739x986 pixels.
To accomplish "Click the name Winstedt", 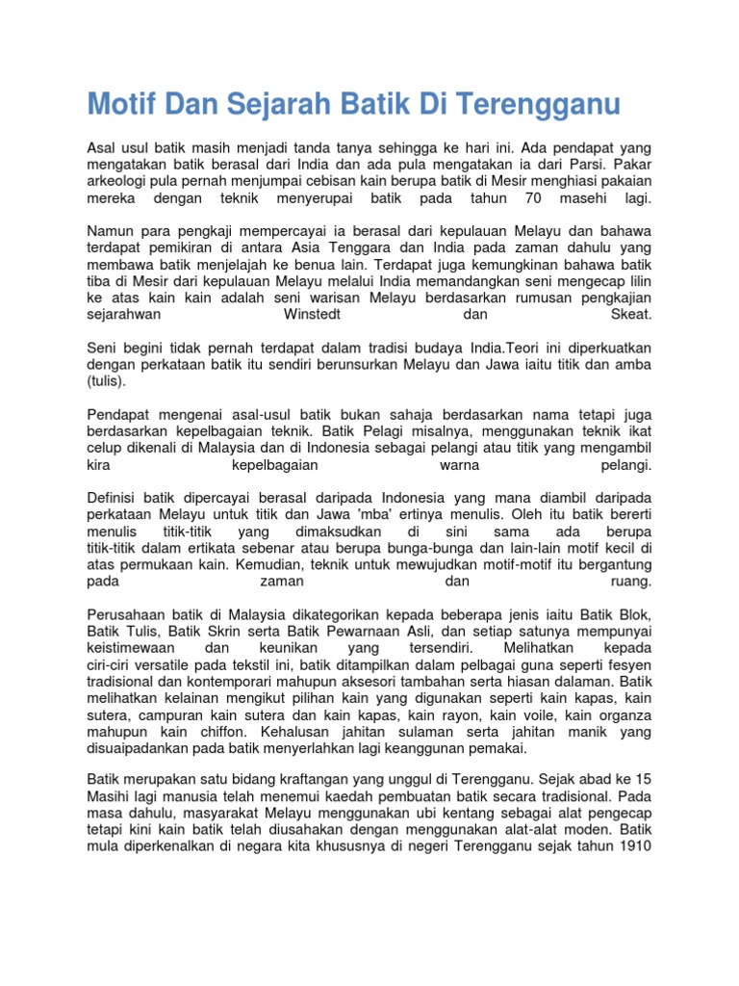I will (x=312, y=315).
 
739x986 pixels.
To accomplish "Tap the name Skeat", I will (x=630, y=315).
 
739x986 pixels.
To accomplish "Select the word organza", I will (x=624, y=715).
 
